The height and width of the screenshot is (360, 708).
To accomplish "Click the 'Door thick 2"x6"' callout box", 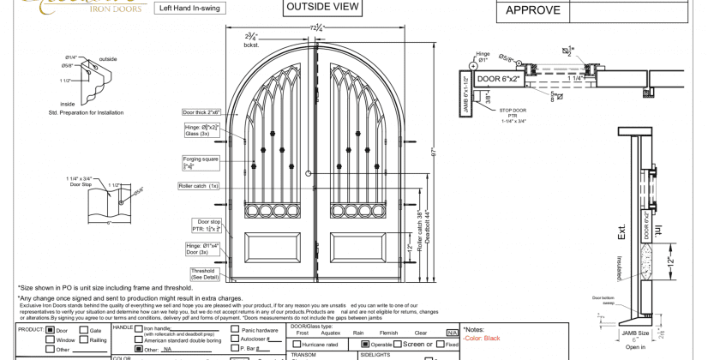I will tap(201, 112).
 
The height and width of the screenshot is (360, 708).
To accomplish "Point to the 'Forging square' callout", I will tap(200, 162).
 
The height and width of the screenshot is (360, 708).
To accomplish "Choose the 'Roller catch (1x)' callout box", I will tap(199, 185).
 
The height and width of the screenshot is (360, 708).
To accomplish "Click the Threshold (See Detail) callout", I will tap(204, 273).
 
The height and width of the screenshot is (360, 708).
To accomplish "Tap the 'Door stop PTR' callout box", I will tap(208, 225).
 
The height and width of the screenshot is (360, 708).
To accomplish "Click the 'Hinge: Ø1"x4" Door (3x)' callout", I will tap(203, 249).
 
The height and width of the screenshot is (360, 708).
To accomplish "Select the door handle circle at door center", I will tap(308, 174).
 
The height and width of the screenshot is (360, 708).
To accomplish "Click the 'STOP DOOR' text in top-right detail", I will tap(513, 111).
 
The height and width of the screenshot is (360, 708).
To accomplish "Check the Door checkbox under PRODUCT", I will tap(50, 330).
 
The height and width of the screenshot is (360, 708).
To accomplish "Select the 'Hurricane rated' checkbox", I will tap(296, 344).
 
